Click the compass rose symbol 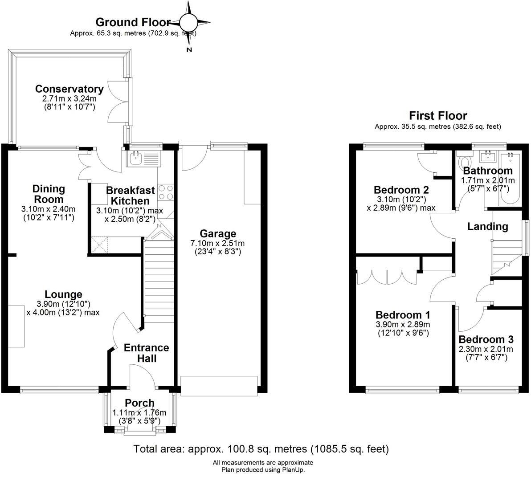pyautogui.click(x=189, y=21)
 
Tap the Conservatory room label pyautogui.click(x=69, y=89)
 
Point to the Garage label pyautogui.click(x=218, y=233)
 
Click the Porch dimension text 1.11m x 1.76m pyautogui.click(x=139, y=412)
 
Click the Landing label pyautogui.click(x=487, y=226)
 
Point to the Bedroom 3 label pyautogui.click(x=486, y=338)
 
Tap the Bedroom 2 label pyautogui.click(x=401, y=189)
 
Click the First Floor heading pyautogui.click(x=438, y=116)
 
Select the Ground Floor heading pyautogui.click(x=133, y=22)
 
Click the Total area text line pyautogui.click(x=261, y=448)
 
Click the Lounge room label pyautogui.click(x=63, y=294)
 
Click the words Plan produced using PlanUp pyautogui.click(x=263, y=469)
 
